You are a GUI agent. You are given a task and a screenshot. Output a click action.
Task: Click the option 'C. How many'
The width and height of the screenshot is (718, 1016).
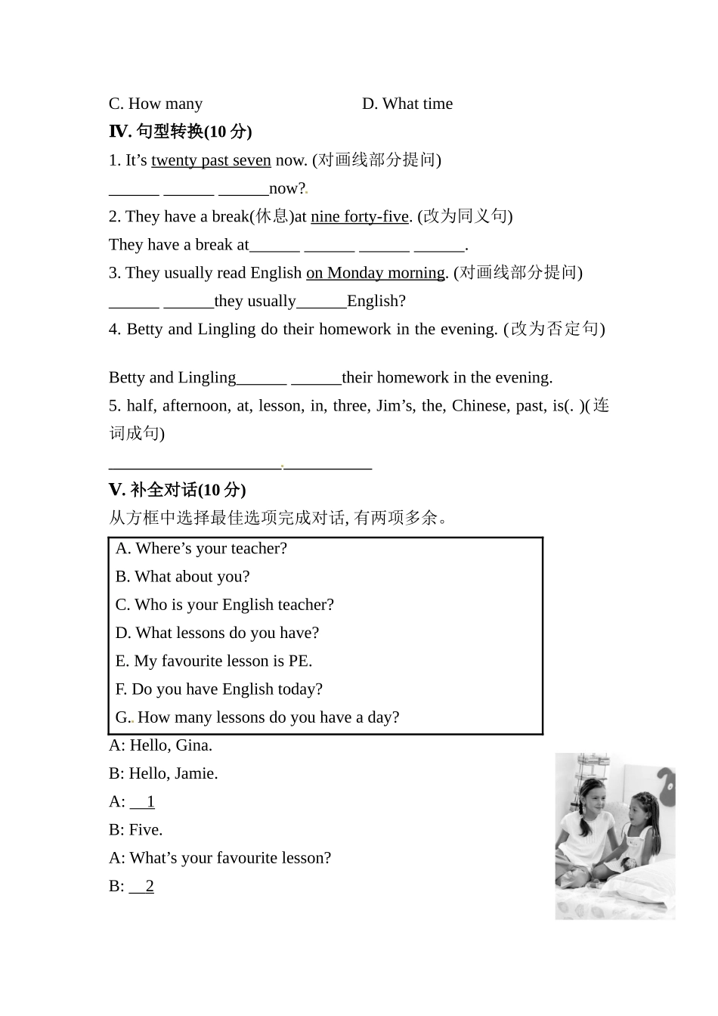pyautogui.click(x=156, y=104)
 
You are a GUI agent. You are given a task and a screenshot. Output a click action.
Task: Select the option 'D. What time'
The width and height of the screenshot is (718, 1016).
pyautogui.click(x=407, y=104)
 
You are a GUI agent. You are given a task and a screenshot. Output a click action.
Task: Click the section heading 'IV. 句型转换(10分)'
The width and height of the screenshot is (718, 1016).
pyautogui.click(x=181, y=132)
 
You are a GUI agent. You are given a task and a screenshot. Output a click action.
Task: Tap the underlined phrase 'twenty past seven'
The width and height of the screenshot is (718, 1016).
pyautogui.click(x=211, y=160)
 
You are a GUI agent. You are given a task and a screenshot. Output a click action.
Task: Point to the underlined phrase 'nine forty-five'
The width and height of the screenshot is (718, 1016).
pyautogui.click(x=360, y=216)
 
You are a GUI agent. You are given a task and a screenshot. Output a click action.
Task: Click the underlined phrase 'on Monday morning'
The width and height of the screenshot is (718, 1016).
pyautogui.click(x=376, y=273)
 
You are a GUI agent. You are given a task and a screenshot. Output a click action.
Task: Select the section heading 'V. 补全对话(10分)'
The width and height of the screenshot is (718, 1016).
pyautogui.click(x=178, y=490)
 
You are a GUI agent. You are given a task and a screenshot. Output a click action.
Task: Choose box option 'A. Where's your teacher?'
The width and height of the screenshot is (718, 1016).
pyautogui.click(x=201, y=549)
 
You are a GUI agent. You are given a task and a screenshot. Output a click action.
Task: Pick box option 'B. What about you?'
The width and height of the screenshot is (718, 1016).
pyautogui.click(x=182, y=577)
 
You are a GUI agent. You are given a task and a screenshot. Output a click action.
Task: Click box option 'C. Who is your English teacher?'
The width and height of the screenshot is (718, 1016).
pyautogui.click(x=224, y=605)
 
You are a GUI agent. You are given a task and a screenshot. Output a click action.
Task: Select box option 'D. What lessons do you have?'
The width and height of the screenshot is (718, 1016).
pyautogui.click(x=217, y=633)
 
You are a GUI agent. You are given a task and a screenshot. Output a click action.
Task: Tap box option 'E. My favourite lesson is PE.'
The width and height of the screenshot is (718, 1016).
pyautogui.click(x=214, y=661)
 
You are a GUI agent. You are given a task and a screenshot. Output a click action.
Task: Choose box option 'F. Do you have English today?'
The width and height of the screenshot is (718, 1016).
pyautogui.click(x=219, y=689)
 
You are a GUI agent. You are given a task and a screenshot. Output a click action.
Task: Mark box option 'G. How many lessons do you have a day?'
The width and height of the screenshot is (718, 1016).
pyautogui.click(x=257, y=717)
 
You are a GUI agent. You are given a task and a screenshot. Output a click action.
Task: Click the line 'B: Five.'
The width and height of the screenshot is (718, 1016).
pyautogui.click(x=136, y=830)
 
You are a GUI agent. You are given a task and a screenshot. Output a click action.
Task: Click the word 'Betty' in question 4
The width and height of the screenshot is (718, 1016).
pyautogui.click(x=145, y=329)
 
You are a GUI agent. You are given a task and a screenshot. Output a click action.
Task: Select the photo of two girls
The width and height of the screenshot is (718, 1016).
pyautogui.click(x=615, y=835)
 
